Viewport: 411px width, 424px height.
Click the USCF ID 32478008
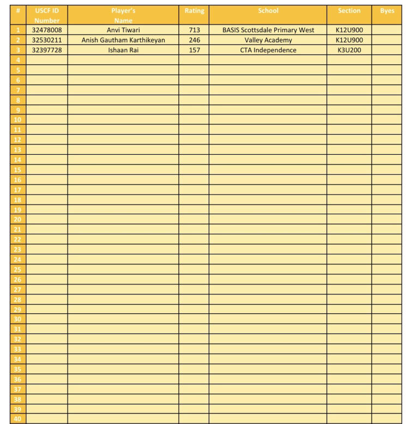point(47,30)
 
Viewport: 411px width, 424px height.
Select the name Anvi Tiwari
point(123,30)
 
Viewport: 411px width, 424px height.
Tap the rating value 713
point(194,30)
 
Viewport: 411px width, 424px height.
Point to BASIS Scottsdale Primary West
point(268,30)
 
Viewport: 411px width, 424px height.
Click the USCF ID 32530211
point(47,40)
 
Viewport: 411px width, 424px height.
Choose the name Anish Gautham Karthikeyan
point(123,40)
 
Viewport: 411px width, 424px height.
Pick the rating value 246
point(194,40)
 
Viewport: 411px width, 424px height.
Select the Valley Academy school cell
point(268,40)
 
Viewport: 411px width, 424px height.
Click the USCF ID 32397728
point(47,50)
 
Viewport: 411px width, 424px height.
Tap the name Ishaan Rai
point(123,50)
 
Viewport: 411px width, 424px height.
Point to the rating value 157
point(194,50)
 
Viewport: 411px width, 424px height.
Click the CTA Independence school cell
point(268,50)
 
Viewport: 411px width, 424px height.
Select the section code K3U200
point(349,50)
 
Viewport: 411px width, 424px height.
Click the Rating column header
point(194,11)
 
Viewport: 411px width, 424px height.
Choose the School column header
point(268,11)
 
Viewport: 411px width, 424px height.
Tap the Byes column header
point(387,11)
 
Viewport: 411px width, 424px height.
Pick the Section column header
point(349,11)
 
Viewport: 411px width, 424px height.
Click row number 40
point(18,419)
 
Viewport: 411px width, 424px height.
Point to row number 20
point(18,220)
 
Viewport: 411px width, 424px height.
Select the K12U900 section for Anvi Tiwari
point(349,30)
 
